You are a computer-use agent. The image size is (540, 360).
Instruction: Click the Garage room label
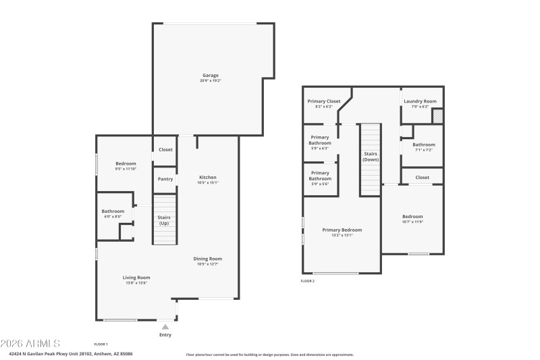tap(211, 76)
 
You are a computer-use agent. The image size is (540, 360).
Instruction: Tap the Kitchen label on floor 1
tap(207, 177)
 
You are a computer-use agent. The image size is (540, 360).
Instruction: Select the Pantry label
tap(165, 179)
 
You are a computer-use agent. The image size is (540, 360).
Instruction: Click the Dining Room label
tap(207, 259)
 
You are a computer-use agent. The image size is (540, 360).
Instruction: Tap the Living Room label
tap(136, 278)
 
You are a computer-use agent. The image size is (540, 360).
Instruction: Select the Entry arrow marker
tap(165, 327)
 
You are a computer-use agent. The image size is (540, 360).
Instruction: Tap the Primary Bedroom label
tap(342, 230)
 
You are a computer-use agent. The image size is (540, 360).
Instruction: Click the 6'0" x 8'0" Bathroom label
tap(113, 211)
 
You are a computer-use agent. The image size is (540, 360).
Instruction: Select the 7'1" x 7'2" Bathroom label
tap(424, 145)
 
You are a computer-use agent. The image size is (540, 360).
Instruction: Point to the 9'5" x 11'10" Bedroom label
tap(126, 164)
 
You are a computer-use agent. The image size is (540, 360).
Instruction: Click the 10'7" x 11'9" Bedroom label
tap(412, 217)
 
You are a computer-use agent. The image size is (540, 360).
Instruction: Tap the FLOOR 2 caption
tap(308, 281)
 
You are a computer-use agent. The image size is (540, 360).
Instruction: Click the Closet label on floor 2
tap(422, 177)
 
